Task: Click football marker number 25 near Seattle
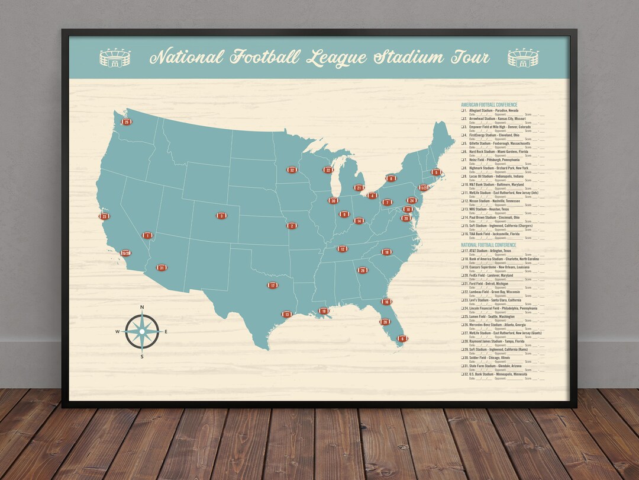(127, 121)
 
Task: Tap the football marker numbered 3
(221, 216)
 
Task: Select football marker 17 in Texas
(273, 285)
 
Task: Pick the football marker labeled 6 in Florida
(402, 338)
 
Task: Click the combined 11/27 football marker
(424, 188)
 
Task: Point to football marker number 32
(292, 169)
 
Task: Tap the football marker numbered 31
(162, 268)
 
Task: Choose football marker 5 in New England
(437, 172)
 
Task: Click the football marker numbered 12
(343, 249)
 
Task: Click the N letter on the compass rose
(142, 307)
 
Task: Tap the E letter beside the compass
(166, 331)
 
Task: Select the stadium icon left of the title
(115, 58)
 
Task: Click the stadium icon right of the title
(523, 58)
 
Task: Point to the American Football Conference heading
(489, 105)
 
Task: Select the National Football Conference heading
(489, 245)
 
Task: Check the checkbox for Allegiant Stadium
(463, 111)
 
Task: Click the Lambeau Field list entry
(495, 292)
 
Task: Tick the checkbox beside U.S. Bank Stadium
(463, 374)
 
